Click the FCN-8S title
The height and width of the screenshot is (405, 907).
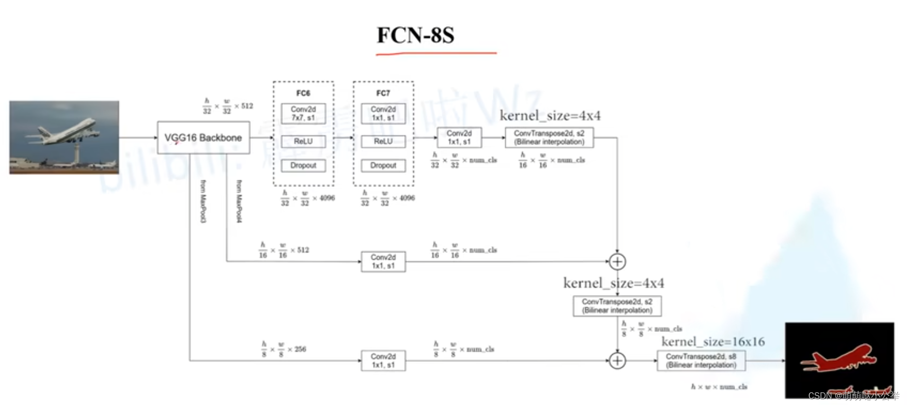[x=416, y=35]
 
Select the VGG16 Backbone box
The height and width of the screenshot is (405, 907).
[x=203, y=138]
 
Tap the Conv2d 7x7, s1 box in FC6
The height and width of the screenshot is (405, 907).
[x=303, y=113]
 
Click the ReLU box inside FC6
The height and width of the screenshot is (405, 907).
[x=303, y=141]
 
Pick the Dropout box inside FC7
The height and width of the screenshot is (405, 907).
[x=383, y=166]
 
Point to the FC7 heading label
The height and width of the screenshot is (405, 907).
[x=383, y=93]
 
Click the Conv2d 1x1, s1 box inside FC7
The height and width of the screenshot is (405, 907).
[x=383, y=113]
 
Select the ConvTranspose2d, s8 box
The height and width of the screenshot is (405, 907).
[x=701, y=360]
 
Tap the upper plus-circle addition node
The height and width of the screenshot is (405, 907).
[x=617, y=261]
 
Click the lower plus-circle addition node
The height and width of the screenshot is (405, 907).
[x=617, y=361]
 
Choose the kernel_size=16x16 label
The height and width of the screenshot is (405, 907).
[x=713, y=341]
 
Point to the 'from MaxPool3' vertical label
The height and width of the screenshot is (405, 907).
[x=203, y=201]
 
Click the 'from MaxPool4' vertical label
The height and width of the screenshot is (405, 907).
[x=239, y=201]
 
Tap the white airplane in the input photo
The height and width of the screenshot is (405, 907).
[x=66, y=132]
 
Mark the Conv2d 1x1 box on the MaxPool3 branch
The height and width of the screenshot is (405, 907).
[x=383, y=361]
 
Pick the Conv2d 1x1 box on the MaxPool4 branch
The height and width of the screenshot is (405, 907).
[x=383, y=261]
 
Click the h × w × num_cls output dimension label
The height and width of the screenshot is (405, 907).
[x=719, y=387]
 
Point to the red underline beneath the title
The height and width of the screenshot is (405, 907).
[x=436, y=54]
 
